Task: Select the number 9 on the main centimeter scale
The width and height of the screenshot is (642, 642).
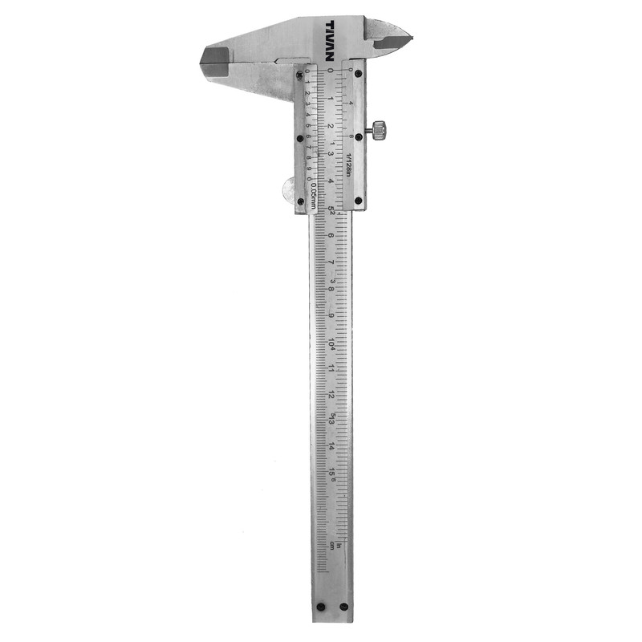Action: pos(331,315)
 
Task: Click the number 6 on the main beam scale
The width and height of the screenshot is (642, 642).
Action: pos(331,236)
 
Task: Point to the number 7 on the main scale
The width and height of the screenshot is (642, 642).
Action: pos(331,262)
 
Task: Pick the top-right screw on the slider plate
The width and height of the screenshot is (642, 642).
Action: pos(358,73)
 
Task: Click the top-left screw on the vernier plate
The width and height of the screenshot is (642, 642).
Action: pos(300,75)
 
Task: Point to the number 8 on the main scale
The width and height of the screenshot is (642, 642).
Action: pos(331,289)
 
